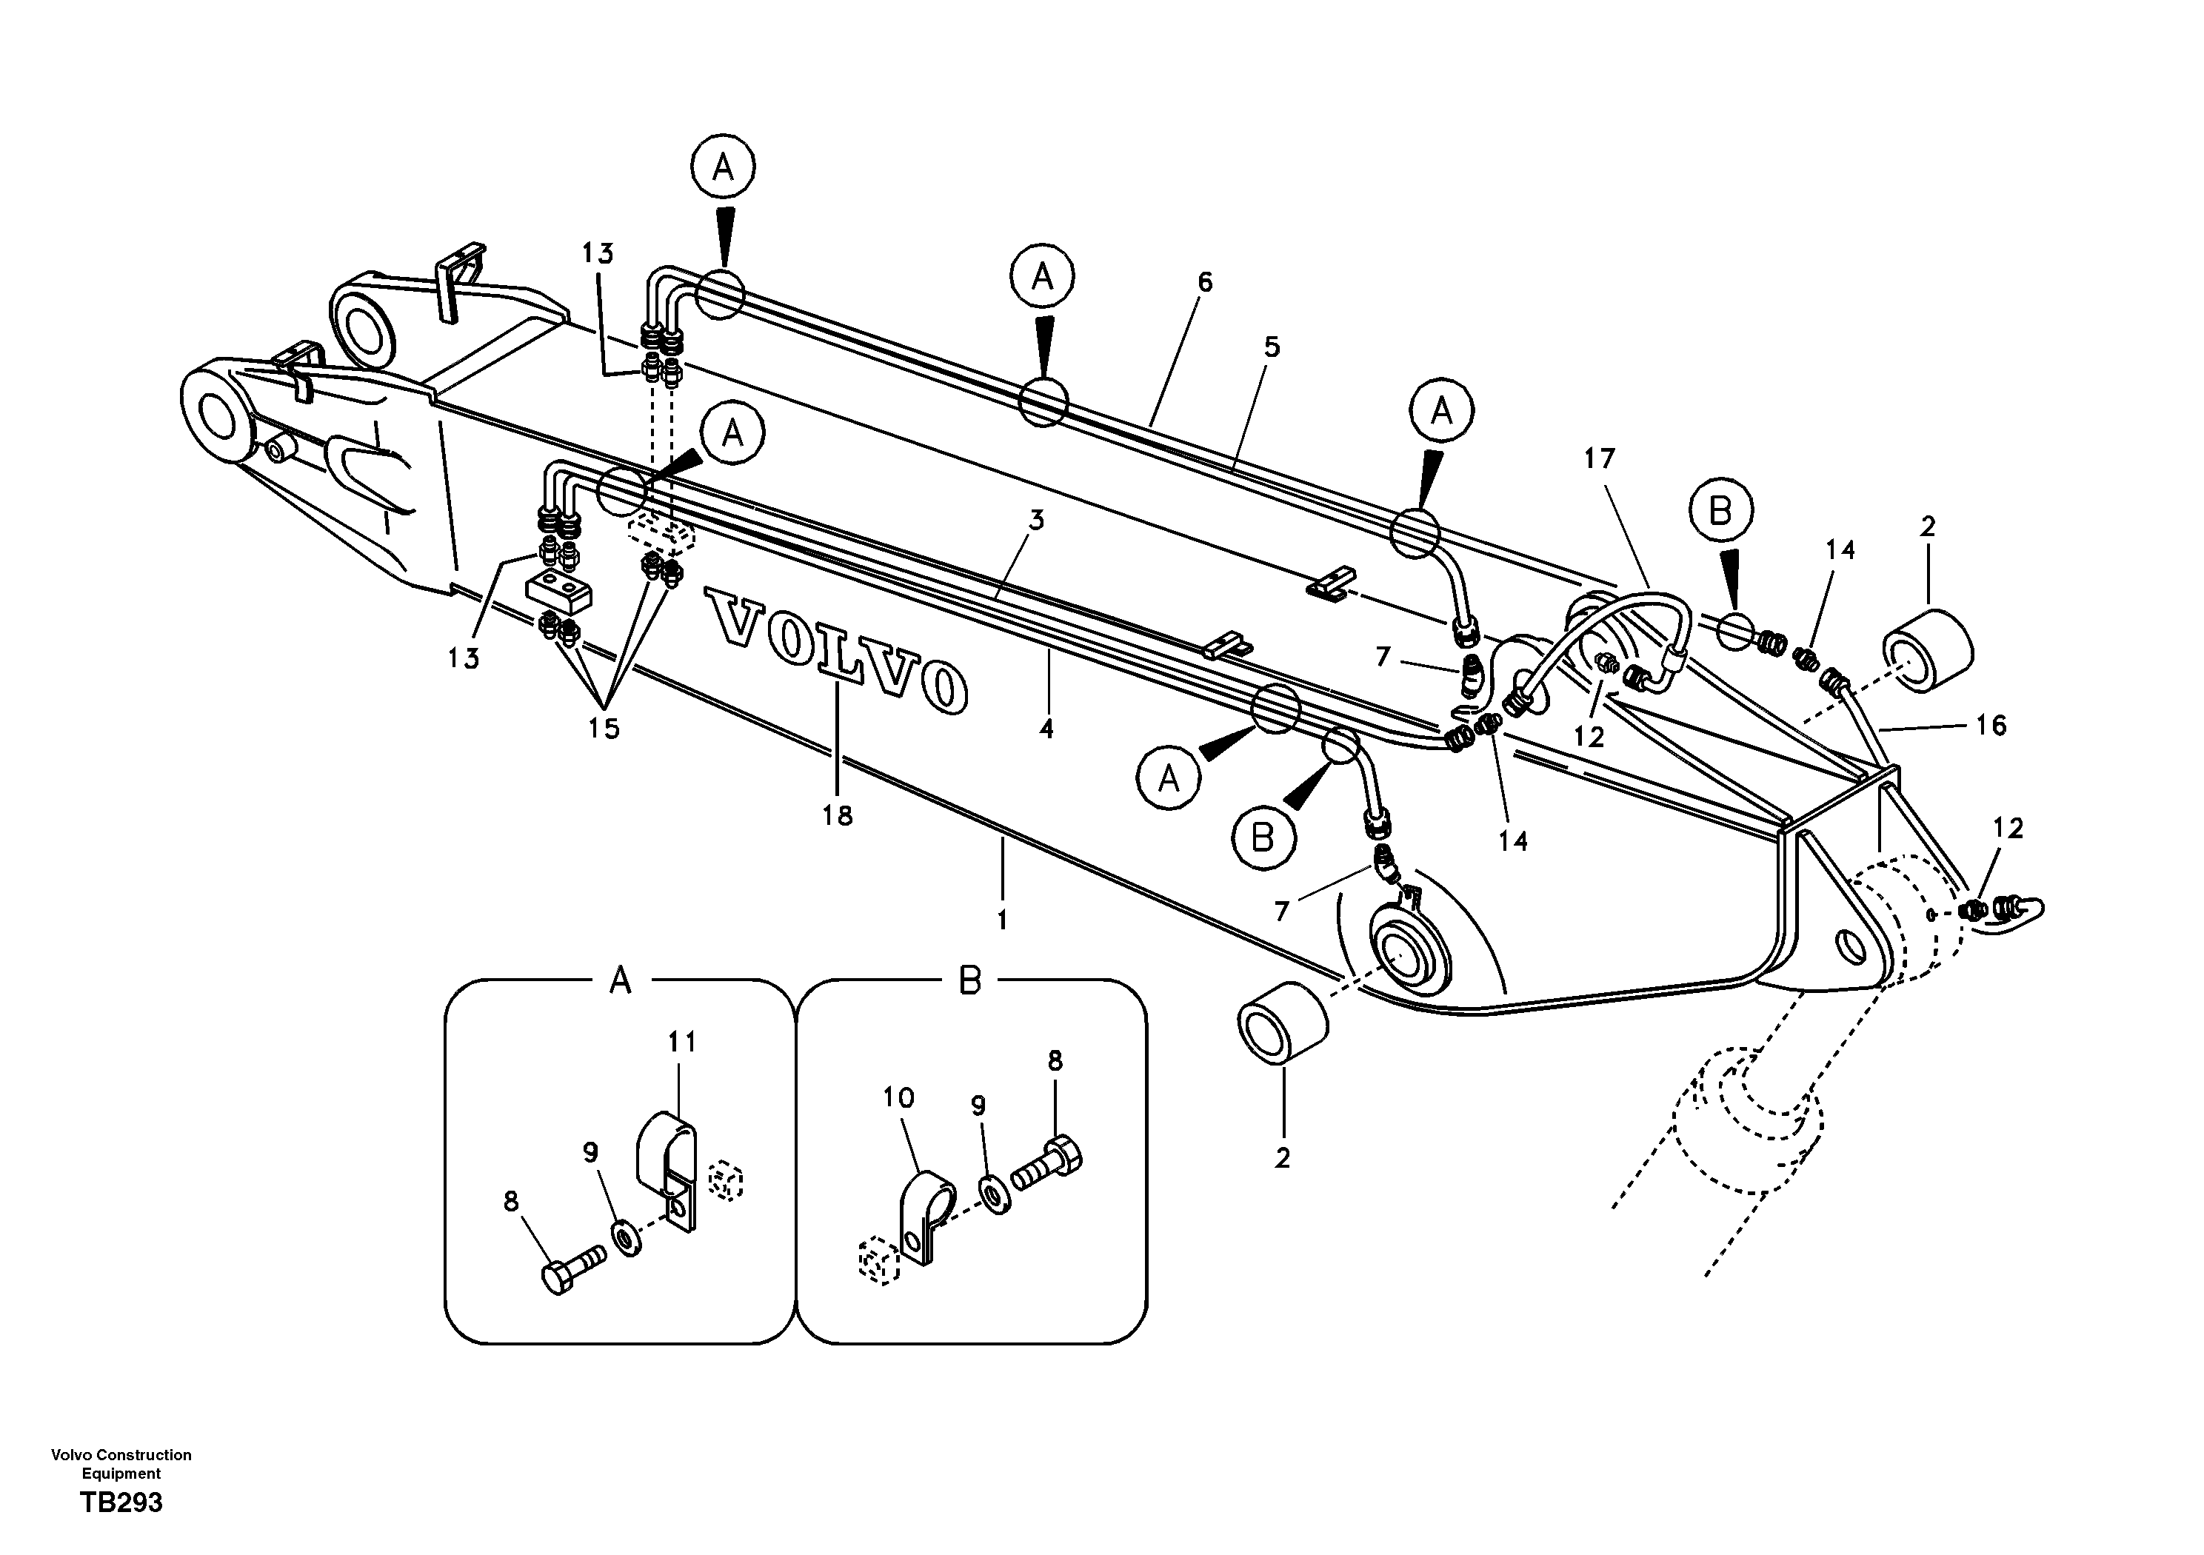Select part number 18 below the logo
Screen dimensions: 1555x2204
click(837, 816)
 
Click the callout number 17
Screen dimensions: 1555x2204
click(1599, 459)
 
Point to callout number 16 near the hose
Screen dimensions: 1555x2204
click(1991, 725)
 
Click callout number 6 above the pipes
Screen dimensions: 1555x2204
click(1205, 282)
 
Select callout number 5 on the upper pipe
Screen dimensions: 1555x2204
click(1271, 347)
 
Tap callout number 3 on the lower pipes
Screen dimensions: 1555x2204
click(1036, 521)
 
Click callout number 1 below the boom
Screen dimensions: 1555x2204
click(1001, 920)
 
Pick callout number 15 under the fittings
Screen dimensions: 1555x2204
click(604, 729)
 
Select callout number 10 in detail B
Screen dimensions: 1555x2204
click(898, 1097)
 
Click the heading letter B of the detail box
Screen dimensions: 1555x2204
click(970, 981)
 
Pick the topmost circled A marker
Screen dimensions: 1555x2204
click(723, 169)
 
